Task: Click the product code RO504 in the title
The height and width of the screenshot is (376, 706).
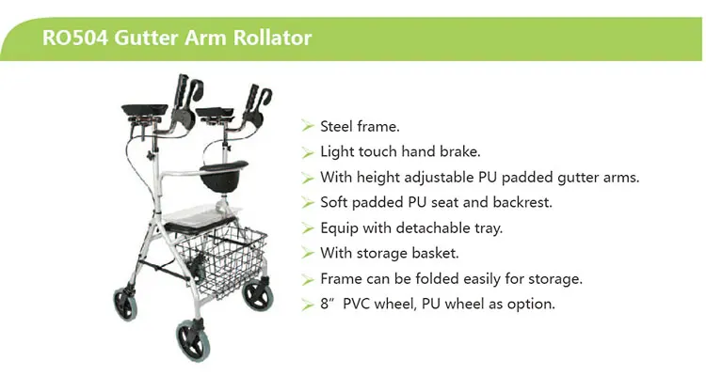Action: click(x=73, y=39)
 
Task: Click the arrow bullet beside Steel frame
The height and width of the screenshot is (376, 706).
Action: click(x=308, y=126)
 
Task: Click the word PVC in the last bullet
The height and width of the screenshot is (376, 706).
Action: click(x=369, y=304)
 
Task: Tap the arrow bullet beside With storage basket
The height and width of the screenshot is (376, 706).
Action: click(x=308, y=253)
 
